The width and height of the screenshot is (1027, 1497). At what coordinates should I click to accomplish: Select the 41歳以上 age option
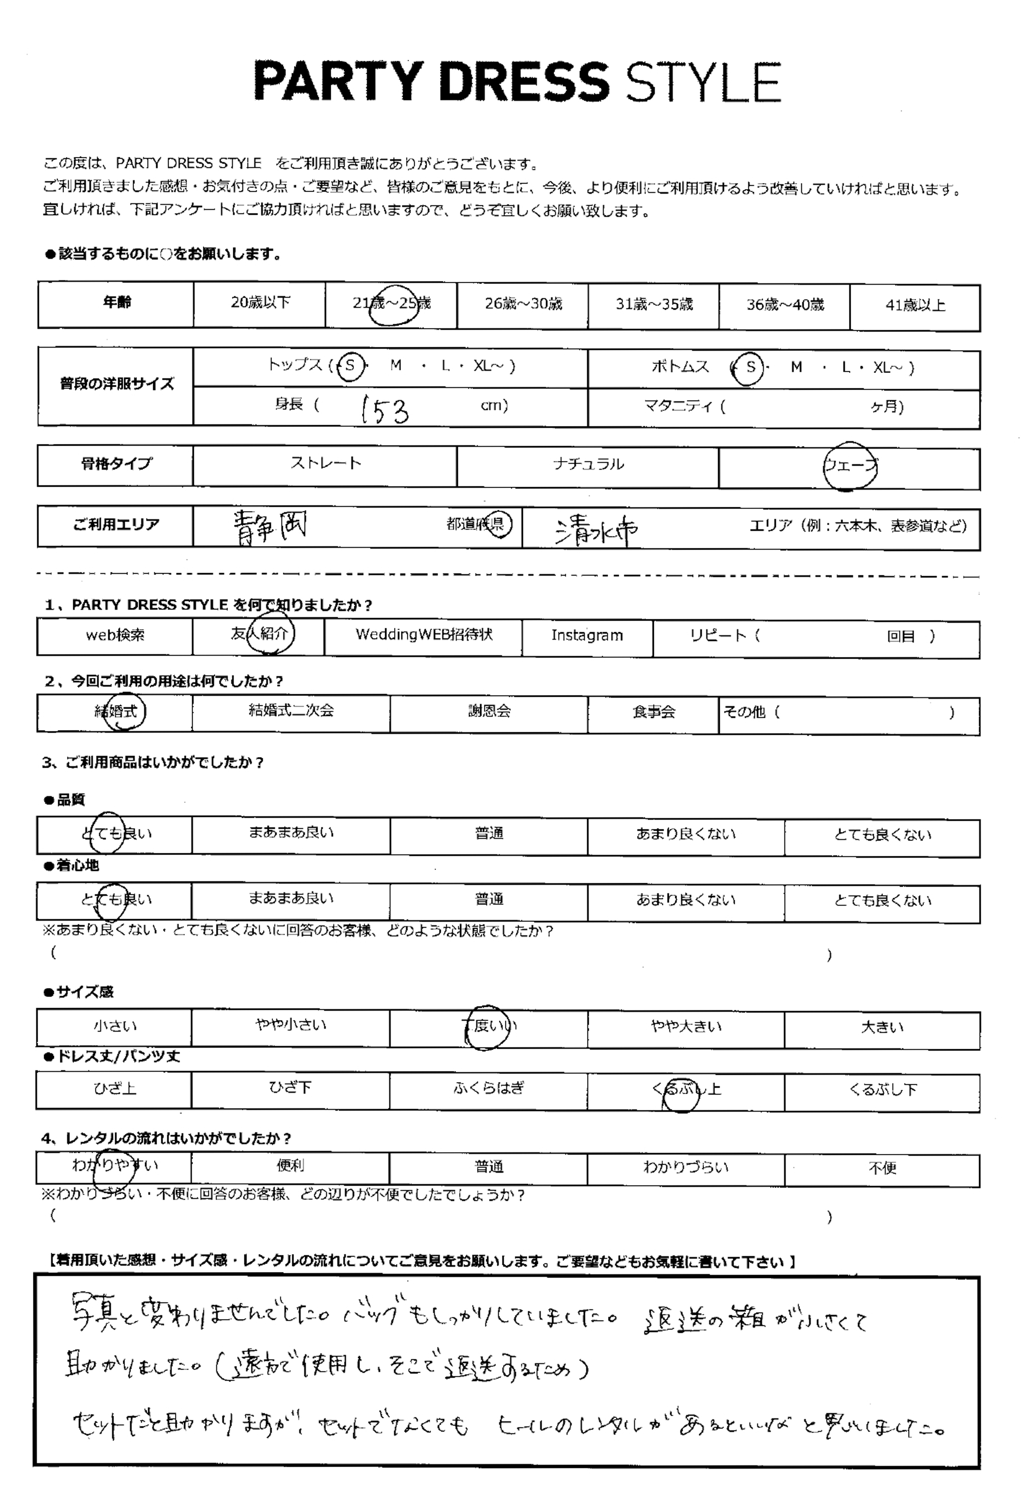pyautogui.click(x=915, y=305)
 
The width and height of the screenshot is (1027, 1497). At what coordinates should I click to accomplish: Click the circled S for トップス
pyautogui.click(x=350, y=366)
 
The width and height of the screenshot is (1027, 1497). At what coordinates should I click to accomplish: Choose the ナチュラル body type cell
pyautogui.click(x=588, y=464)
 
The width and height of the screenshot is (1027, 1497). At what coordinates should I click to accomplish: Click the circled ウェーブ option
pyautogui.click(x=850, y=466)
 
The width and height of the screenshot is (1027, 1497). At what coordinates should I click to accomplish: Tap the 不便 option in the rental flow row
pyautogui.click(x=882, y=1168)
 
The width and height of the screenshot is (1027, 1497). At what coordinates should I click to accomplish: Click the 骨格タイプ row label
pyautogui.click(x=116, y=464)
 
